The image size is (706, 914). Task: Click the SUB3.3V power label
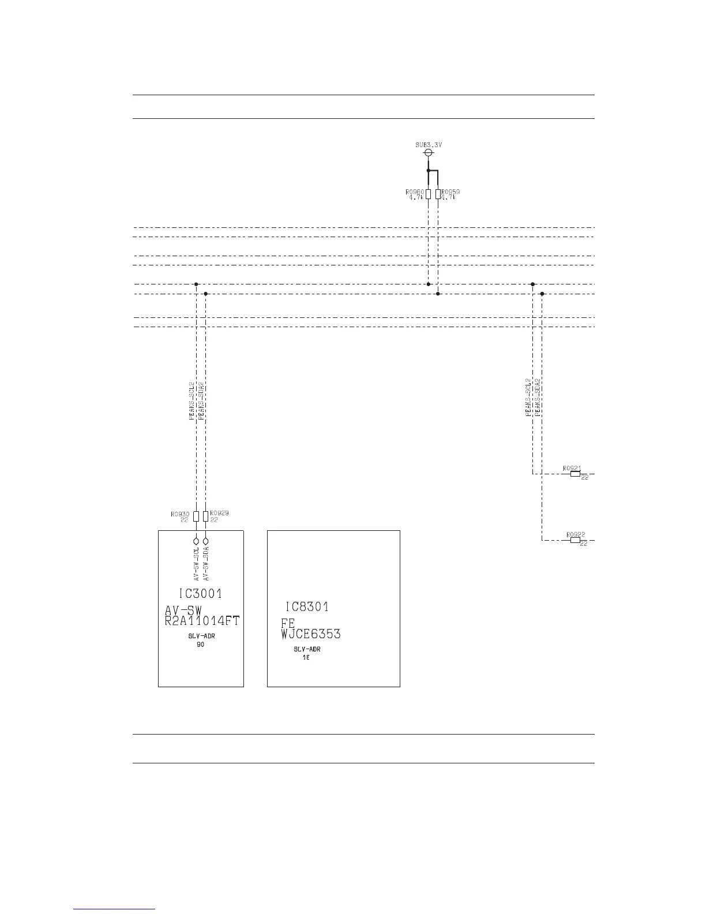pyautogui.click(x=429, y=145)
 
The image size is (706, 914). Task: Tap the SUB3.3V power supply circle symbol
pyautogui.click(x=429, y=153)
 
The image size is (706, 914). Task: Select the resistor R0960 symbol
pyautogui.click(x=428, y=194)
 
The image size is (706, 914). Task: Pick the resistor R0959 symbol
pyautogui.click(x=438, y=194)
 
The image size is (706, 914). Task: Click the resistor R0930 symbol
pyautogui.click(x=196, y=516)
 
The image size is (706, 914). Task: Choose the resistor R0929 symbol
pyautogui.click(x=206, y=516)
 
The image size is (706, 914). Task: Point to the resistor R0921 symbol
pyautogui.click(x=575, y=474)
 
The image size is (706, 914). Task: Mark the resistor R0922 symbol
pyautogui.click(x=575, y=541)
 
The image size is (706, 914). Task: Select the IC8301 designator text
pyautogui.click(x=307, y=607)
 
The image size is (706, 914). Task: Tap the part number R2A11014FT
pyautogui.click(x=202, y=621)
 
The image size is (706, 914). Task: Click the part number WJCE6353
pyautogui.click(x=311, y=634)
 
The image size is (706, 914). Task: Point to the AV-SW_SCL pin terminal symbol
pyautogui.click(x=196, y=542)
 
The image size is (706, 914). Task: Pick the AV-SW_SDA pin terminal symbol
pyautogui.click(x=206, y=542)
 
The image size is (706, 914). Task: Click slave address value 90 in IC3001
pyautogui.click(x=200, y=645)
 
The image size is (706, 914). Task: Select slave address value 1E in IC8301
pyautogui.click(x=306, y=658)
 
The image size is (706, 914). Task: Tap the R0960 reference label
pyautogui.click(x=415, y=191)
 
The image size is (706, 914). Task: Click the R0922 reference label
pyautogui.click(x=576, y=534)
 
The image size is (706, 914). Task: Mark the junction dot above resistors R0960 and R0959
pyautogui.click(x=428, y=171)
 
